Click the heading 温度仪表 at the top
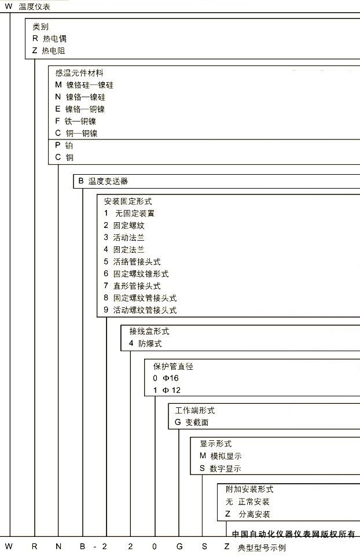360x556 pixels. (x=34, y=7)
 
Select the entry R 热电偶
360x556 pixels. (x=49, y=39)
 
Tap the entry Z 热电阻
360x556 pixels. (x=49, y=51)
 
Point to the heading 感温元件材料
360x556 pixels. (x=79, y=73)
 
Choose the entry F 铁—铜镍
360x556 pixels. (x=76, y=121)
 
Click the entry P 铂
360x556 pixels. (x=64, y=145)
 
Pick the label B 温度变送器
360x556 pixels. (x=103, y=181)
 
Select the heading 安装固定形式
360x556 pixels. (x=128, y=201)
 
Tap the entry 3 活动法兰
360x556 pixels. (x=124, y=238)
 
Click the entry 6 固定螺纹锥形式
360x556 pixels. (x=136, y=274)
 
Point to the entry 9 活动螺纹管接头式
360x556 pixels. (x=140, y=310)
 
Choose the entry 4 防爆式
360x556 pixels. (x=145, y=343)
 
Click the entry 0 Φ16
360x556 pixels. (x=166, y=378)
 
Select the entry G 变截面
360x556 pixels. (x=192, y=422)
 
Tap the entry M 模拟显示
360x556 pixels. (x=221, y=456)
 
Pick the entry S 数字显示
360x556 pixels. (x=221, y=469)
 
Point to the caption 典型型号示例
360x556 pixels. (x=262, y=548)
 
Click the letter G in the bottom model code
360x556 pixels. (x=179, y=546)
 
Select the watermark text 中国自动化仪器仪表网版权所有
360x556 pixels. (x=293, y=534)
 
